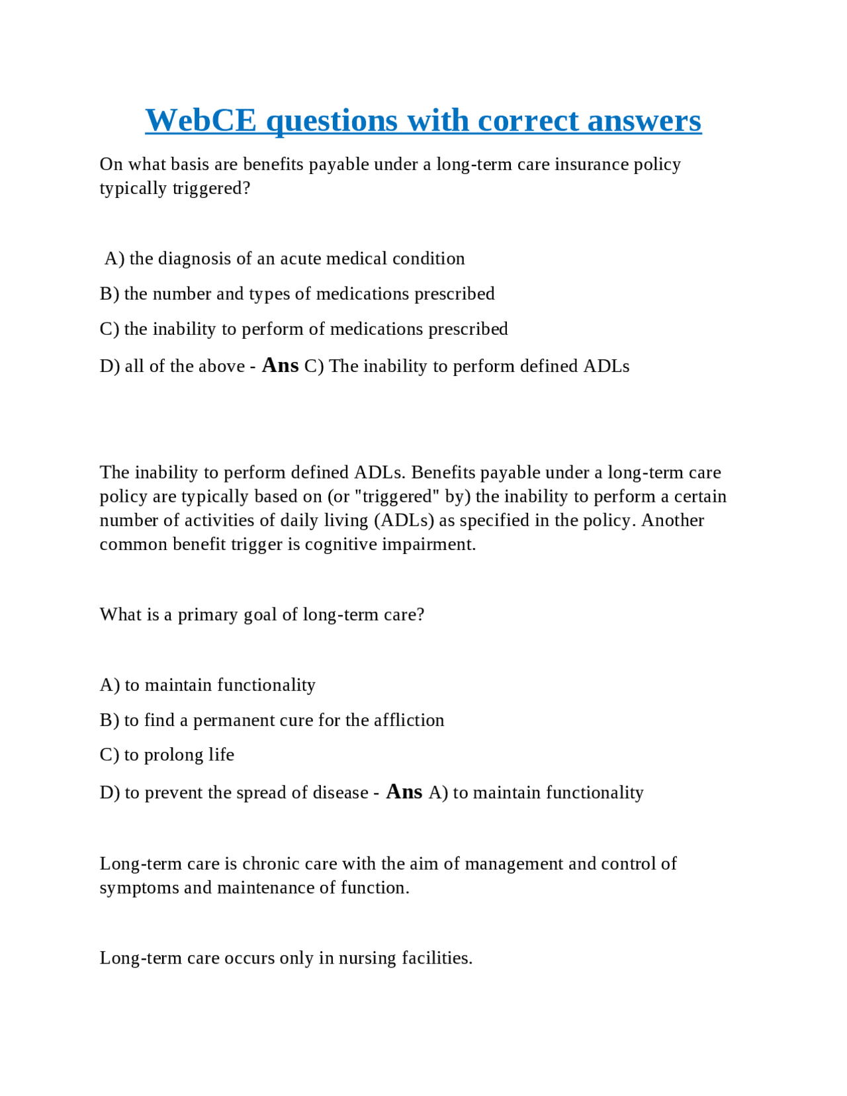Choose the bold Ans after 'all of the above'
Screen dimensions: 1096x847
(x=280, y=365)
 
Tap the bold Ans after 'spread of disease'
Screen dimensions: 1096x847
(x=404, y=792)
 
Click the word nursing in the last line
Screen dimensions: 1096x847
(x=368, y=958)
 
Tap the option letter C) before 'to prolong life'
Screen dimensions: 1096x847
(x=109, y=755)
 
